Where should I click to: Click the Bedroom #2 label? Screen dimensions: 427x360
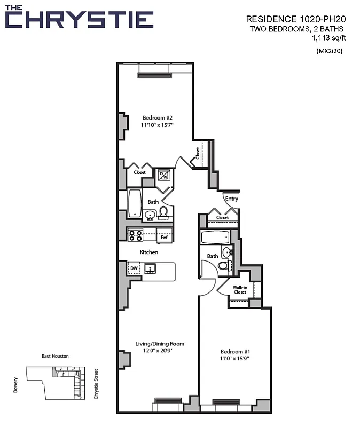[x=157, y=117]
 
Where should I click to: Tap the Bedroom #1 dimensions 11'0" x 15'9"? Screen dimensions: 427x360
[x=235, y=358]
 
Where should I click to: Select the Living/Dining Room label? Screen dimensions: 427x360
[x=159, y=344]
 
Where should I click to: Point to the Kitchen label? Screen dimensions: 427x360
[x=149, y=252]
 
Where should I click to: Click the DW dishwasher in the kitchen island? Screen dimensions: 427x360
[x=134, y=268]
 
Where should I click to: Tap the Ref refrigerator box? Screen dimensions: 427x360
[x=165, y=236]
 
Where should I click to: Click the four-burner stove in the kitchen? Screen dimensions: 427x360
[x=135, y=235]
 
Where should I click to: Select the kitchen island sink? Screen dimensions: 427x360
[x=151, y=269]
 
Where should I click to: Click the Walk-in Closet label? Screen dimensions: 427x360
[x=239, y=290]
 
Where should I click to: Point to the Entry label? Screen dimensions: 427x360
[x=231, y=199]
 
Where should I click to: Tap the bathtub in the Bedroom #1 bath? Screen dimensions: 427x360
[x=214, y=237]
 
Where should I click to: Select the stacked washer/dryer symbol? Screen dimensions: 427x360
[x=163, y=175]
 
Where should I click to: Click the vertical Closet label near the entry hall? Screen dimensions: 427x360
[x=197, y=154]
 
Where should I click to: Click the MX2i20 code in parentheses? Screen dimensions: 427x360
[x=330, y=51]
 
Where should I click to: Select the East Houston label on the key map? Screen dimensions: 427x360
[x=55, y=356]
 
